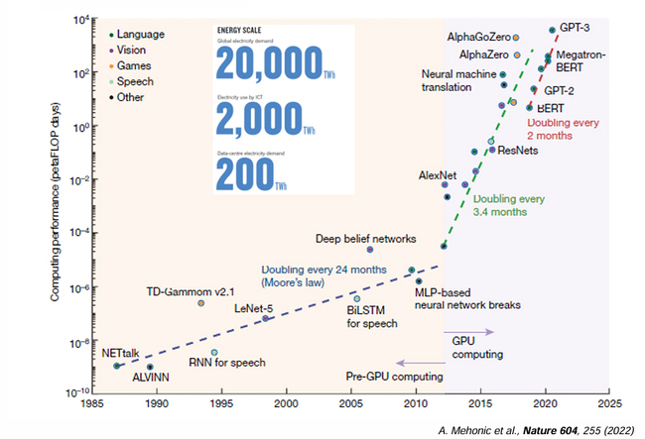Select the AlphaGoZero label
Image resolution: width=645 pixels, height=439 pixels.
pyautogui.click(x=478, y=37)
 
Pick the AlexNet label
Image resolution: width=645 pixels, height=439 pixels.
pyautogui.click(x=438, y=174)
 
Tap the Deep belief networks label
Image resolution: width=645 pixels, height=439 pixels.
pyautogui.click(x=365, y=238)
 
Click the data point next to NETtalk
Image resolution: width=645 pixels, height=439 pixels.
pyautogui.click(x=117, y=366)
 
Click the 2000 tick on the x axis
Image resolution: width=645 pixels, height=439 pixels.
pyautogui.click(x=287, y=404)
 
